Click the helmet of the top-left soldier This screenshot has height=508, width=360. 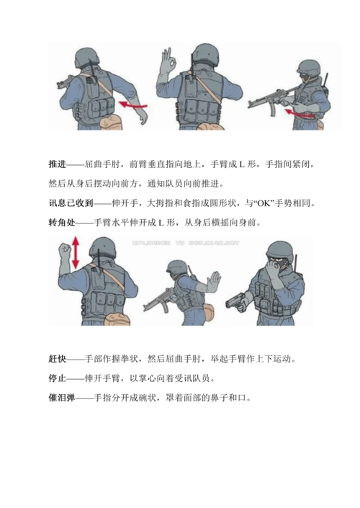[89, 55]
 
